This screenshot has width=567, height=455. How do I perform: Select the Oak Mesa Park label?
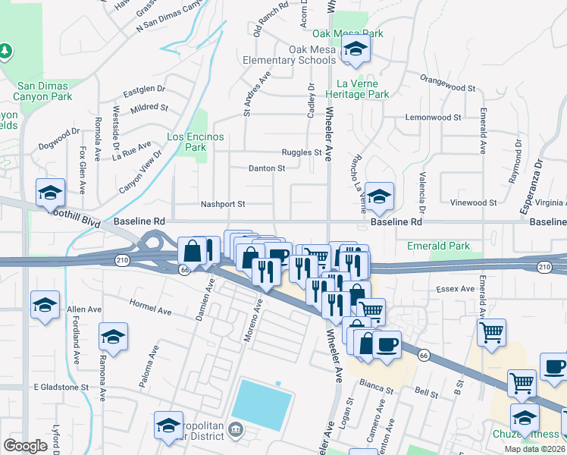click(348, 33)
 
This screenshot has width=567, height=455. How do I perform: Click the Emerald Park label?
click(438, 246)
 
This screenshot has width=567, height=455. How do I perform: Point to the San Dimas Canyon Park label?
click(45, 91)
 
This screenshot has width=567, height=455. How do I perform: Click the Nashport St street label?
click(223, 204)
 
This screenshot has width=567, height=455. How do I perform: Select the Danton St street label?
click(267, 168)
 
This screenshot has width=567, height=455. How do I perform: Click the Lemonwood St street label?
click(434, 118)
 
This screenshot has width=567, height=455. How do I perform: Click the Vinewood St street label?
click(472, 202)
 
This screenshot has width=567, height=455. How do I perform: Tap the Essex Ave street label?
click(455, 289)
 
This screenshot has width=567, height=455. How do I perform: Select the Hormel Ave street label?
click(151, 311)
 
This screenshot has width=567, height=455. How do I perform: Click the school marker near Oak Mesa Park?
click(354, 51)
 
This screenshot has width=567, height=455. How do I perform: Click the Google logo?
click(25, 446)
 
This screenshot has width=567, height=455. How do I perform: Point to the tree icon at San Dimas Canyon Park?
click(5, 51)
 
